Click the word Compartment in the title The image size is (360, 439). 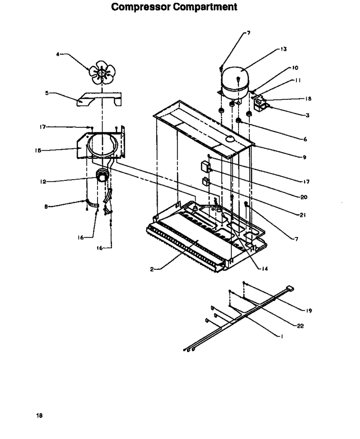[x=205, y=7]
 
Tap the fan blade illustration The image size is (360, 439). [x=102, y=72]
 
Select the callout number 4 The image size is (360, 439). [x=58, y=54]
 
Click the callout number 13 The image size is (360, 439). [x=284, y=49]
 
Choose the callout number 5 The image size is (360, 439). [x=47, y=93]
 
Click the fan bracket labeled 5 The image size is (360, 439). [x=99, y=99]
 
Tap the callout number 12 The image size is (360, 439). [x=43, y=182]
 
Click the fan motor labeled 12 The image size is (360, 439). [x=102, y=176]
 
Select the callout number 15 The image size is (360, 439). [x=38, y=151]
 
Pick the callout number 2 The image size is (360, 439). [x=152, y=269]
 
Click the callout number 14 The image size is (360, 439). [x=265, y=269]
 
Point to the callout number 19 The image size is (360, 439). [x=309, y=311]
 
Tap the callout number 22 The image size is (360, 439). [x=300, y=326]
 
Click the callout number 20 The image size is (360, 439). [x=304, y=197]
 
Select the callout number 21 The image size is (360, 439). [x=303, y=215]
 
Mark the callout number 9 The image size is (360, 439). [x=304, y=157]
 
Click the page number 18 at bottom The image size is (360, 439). [x=39, y=416]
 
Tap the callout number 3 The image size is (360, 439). [x=308, y=116]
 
